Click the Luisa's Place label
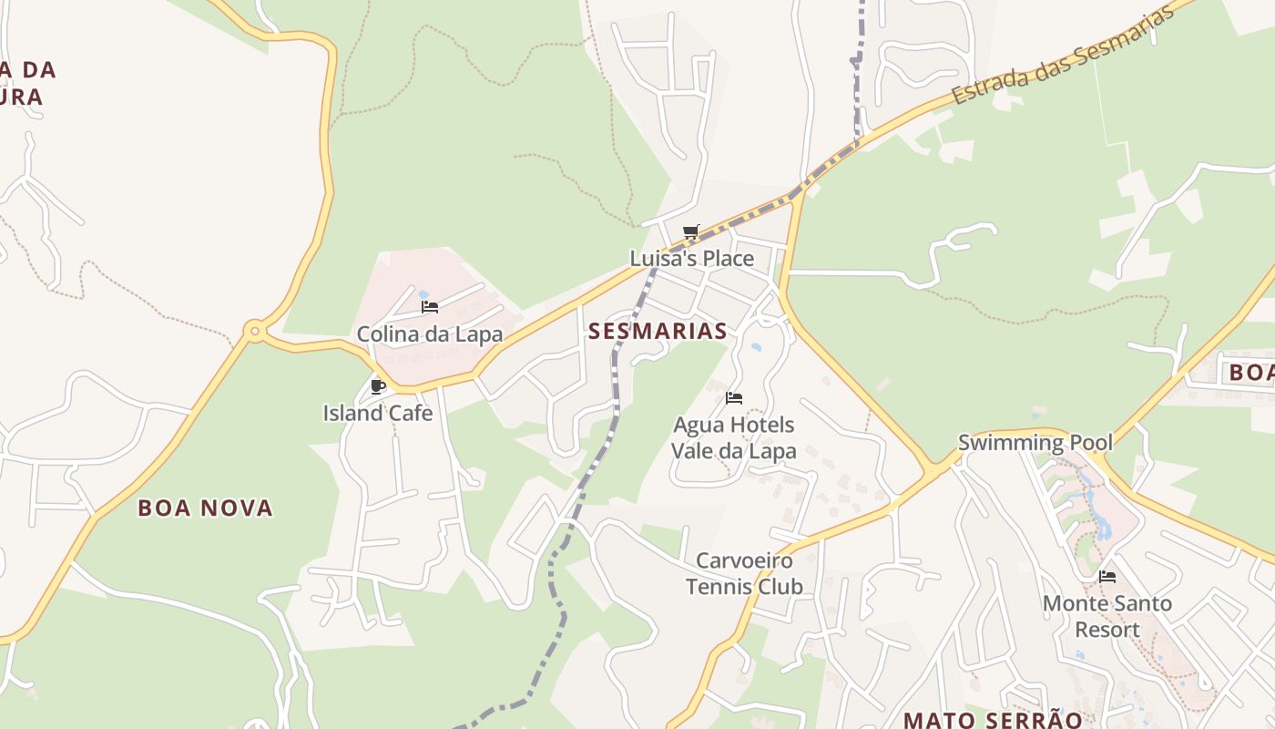(692, 259)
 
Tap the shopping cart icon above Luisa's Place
(690, 231)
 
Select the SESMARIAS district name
(658, 331)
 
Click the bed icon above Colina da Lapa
(430, 307)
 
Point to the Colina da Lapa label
(430, 334)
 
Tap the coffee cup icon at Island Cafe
(378, 386)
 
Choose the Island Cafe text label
(378, 414)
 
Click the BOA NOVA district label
(206, 508)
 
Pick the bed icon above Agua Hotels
(734, 398)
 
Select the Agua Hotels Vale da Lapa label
(734, 437)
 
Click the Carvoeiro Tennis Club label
(744, 573)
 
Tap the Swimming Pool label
(1035, 444)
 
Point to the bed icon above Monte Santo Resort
(1107, 577)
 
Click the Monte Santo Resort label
(1107, 616)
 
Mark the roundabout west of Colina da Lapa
(255, 332)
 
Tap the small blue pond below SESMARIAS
(756, 347)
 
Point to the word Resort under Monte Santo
(1107, 630)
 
